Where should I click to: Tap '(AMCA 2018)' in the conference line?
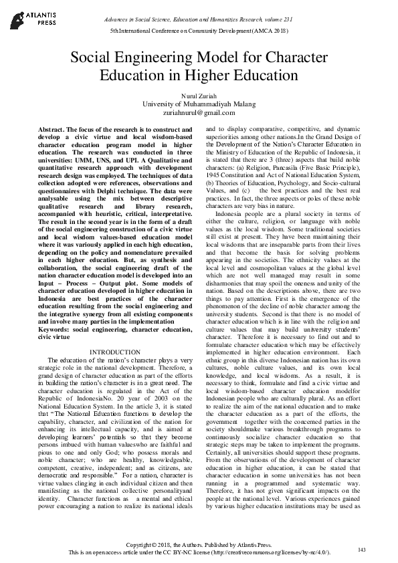274,31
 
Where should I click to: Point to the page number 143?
362,550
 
